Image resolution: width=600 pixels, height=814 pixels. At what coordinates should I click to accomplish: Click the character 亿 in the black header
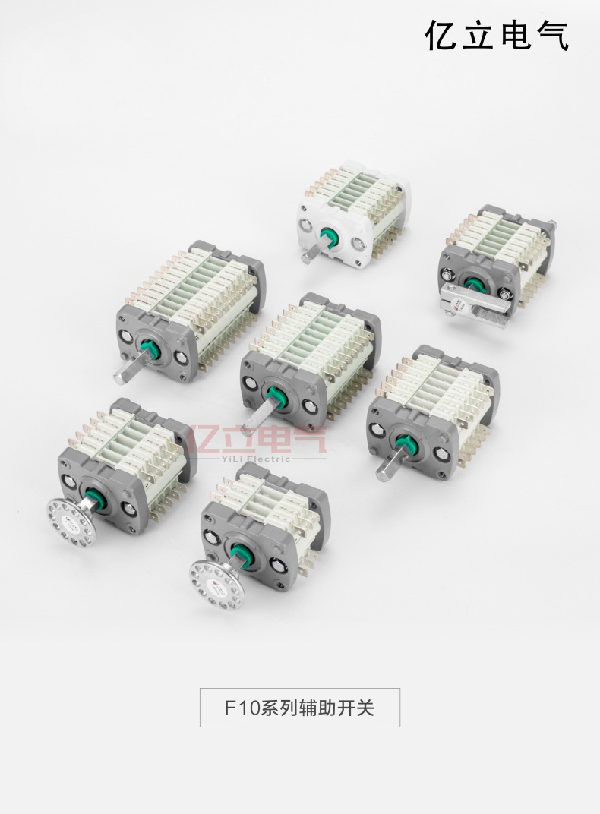coord(442,36)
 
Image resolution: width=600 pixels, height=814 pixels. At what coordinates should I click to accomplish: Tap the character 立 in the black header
coord(478,36)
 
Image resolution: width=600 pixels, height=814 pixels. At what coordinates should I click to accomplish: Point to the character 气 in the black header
coord(552,36)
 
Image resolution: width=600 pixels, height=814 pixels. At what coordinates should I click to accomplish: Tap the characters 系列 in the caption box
coord(278,708)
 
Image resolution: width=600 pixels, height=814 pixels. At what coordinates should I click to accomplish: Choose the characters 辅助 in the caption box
coord(319,708)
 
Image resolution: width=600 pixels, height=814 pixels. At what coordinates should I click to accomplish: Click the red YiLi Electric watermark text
coord(258,458)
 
